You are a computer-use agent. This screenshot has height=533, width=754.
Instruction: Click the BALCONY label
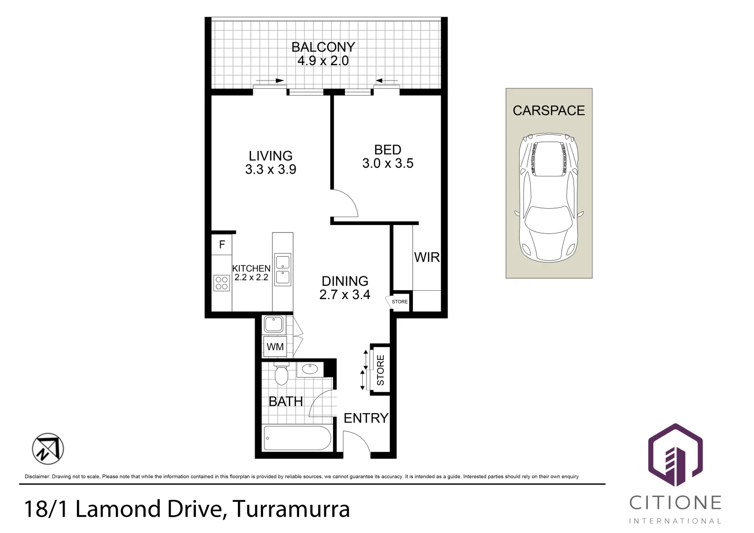coord(323,47)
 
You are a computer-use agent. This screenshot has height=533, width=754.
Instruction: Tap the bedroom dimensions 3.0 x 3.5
coord(388,164)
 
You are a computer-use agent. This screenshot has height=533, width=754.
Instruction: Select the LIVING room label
coord(270,156)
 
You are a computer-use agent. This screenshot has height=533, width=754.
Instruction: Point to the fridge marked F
coord(222,244)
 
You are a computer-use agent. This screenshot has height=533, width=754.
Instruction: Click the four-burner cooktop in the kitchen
coord(222,283)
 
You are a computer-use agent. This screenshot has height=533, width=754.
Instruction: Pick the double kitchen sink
coord(283,269)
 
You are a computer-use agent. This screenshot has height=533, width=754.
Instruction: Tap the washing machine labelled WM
coord(275,347)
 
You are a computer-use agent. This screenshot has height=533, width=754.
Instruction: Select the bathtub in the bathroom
coord(297,438)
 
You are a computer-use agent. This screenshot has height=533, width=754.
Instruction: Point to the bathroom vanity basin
coord(310,369)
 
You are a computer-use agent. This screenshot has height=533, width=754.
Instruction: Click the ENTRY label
coord(366,419)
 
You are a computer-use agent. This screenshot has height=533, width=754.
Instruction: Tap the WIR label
coord(427,257)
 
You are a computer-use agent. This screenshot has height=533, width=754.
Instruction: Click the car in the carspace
coord(548,197)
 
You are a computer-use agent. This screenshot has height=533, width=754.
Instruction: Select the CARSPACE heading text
coord(549,111)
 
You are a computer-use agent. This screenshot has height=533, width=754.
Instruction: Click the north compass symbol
coord(48,449)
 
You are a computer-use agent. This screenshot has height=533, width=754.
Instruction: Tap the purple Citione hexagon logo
coord(675,455)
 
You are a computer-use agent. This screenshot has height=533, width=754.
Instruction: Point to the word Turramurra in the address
coord(291,509)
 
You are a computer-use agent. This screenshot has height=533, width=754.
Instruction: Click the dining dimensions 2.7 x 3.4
coord(344,295)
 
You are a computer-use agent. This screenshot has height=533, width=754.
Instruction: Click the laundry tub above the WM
coord(273,324)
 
